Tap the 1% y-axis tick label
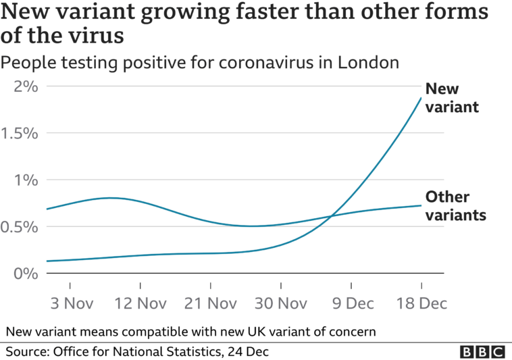25,180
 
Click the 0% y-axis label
25,273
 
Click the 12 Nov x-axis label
140,303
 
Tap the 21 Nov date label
211,303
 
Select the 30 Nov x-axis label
281,303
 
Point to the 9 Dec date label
351,303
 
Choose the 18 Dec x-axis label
421,303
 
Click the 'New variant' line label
451,98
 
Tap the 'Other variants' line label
457,207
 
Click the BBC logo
482,351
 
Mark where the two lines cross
331,216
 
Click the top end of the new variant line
421,97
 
